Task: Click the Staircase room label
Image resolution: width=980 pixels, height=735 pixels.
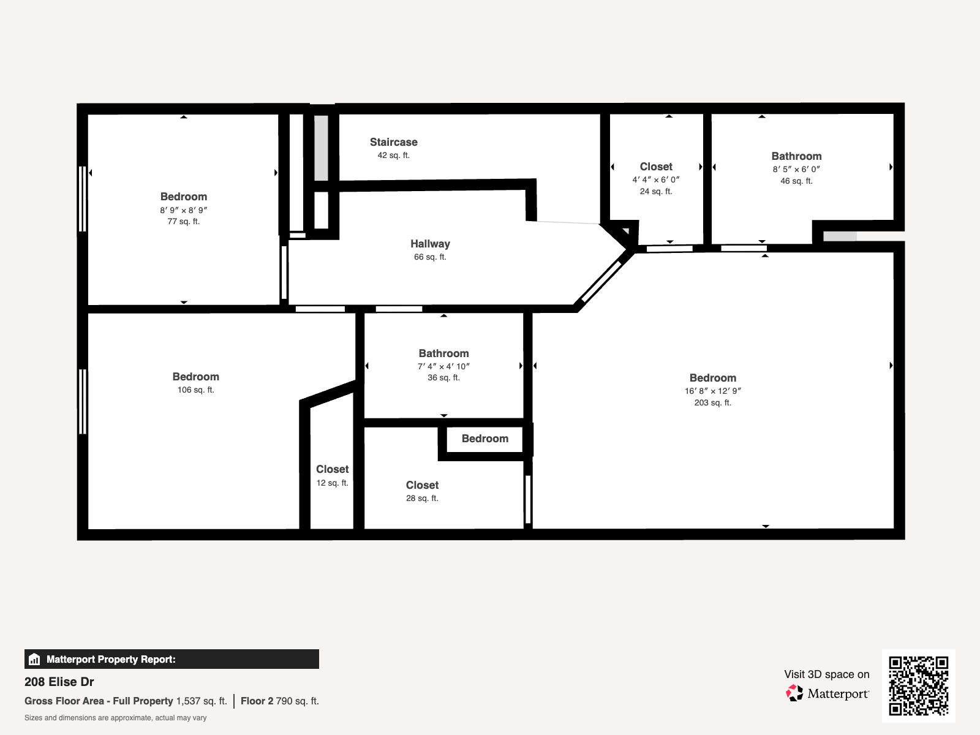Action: pos(393,142)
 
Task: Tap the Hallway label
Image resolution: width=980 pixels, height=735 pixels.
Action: pos(430,244)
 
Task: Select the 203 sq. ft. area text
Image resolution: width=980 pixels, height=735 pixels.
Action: pos(712,402)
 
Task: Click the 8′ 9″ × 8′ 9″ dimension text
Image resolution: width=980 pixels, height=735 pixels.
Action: pos(183,210)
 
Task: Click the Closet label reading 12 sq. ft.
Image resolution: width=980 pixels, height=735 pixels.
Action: pos(332,469)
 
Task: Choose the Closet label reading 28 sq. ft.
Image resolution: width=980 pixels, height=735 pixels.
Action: pos(422,485)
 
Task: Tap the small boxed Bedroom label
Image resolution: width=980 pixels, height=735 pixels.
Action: pos(484,439)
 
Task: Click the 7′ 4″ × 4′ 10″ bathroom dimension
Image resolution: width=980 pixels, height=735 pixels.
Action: pos(443,366)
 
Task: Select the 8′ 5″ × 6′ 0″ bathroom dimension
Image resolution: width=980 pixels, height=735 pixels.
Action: pos(796,169)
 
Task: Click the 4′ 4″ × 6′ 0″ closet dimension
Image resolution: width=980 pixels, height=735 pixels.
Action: pos(655,179)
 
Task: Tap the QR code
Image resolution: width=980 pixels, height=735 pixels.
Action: pos(918,685)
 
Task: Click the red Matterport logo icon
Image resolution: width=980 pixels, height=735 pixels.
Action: pos(794,693)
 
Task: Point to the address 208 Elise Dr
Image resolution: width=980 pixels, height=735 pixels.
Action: pos(59,682)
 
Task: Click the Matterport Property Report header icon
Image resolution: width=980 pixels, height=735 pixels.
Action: pos(34,659)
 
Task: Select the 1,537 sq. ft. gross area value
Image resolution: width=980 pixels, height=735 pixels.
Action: pos(201,701)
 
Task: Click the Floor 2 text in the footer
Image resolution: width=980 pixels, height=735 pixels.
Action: pos(257,701)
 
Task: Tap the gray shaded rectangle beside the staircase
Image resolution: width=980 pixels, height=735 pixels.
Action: pos(322,148)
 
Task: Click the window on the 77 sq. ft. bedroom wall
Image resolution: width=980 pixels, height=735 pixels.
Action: pos(82,198)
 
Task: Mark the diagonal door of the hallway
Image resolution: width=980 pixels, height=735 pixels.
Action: pos(601,281)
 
